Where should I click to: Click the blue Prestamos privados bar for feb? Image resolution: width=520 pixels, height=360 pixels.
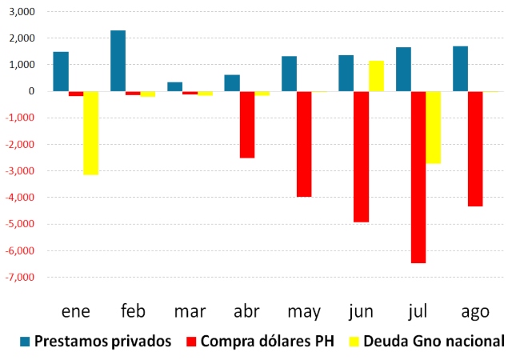point(118,61)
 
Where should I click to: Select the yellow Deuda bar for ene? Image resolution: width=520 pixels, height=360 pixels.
point(90,133)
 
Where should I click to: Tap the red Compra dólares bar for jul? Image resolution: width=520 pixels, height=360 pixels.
point(418,177)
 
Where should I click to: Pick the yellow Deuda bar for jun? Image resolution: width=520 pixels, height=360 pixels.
point(376,76)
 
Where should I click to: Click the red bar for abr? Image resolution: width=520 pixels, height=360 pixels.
point(247,125)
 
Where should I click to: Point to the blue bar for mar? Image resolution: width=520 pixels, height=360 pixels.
point(174,86)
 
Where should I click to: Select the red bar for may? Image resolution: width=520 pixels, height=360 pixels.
point(304,144)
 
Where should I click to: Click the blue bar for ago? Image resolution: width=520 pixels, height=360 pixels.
point(460,69)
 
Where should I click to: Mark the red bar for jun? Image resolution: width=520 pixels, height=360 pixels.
point(361,157)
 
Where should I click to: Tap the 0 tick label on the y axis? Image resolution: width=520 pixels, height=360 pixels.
point(34,91)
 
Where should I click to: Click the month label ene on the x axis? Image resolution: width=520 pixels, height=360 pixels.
point(76,310)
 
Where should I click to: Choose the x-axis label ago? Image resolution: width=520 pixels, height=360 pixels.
point(474,310)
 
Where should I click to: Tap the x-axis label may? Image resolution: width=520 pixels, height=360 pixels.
point(304,310)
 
